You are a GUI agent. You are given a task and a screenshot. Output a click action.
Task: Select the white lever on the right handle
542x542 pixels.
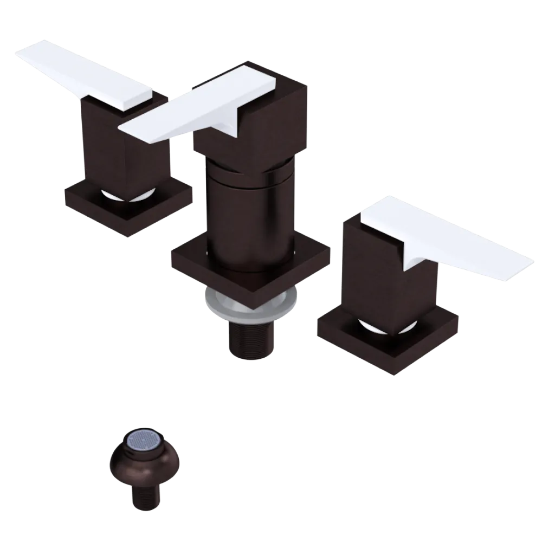450,233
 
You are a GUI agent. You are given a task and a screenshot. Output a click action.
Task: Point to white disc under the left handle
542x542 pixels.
130,196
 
